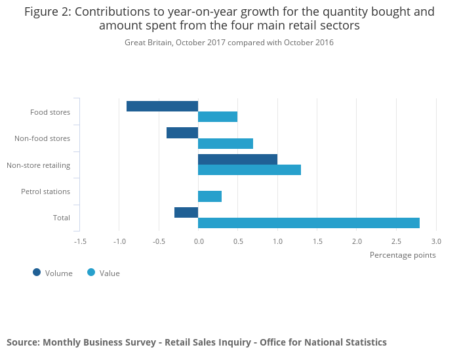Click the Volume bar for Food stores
tap(162, 106)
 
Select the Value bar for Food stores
tap(218, 117)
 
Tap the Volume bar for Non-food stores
tap(182, 133)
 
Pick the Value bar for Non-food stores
tap(226, 144)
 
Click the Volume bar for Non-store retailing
tap(237, 159)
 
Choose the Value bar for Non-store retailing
tap(249, 170)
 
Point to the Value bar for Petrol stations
tap(210, 196)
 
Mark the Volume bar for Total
tap(186, 212)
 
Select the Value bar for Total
tap(308, 223)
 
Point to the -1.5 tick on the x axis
tap(80, 241)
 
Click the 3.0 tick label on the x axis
tap(436, 241)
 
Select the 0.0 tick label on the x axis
tap(199, 241)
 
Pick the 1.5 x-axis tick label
tap(317, 241)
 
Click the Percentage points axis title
tap(403, 255)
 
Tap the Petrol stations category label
tap(45, 191)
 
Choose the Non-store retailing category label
tap(39, 165)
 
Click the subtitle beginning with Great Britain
tap(229, 43)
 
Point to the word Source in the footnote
tap(22, 342)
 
